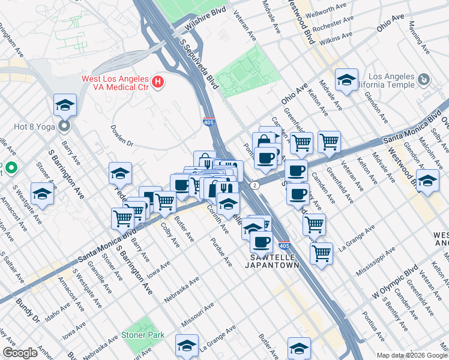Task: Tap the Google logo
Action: tap(20, 353)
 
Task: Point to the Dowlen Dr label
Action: tap(121, 136)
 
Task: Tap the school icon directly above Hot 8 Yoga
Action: tap(65, 106)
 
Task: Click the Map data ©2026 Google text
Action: tap(411, 355)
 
